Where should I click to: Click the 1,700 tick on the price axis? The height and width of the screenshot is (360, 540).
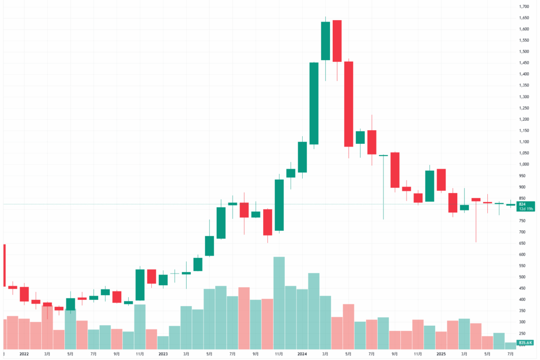pyautogui.click(x=524, y=7)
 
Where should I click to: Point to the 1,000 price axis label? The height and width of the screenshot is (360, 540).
pyautogui.click(x=524, y=164)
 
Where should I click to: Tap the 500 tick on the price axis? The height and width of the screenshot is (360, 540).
pyautogui.click(x=523, y=277)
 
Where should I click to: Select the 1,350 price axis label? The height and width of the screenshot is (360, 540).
pyautogui.click(x=524, y=85)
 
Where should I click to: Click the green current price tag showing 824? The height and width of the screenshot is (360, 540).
pyautogui.click(x=527, y=204)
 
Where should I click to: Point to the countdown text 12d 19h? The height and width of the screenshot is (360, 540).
pyautogui.click(x=527, y=209)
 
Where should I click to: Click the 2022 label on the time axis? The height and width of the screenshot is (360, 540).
pyautogui.click(x=24, y=354)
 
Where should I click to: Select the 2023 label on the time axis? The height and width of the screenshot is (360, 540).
pyautogui.click(x=163, y=354)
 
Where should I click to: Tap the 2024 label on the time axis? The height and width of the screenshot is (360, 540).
pyautogui.click(x=302, y=354)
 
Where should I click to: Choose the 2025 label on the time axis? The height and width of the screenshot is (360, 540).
pyautogui.click(x=441, y=354)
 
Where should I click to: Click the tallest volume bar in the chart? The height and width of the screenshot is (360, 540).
pyautogui.click(x=279, y=303)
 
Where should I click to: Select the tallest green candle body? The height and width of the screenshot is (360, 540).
pyautogui.click(x=314, y=103)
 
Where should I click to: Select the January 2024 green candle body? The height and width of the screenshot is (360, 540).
pyautogui.click(x=302, y=157)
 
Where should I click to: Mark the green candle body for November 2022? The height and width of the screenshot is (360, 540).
pyautogui.click(x=140, y=285)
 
